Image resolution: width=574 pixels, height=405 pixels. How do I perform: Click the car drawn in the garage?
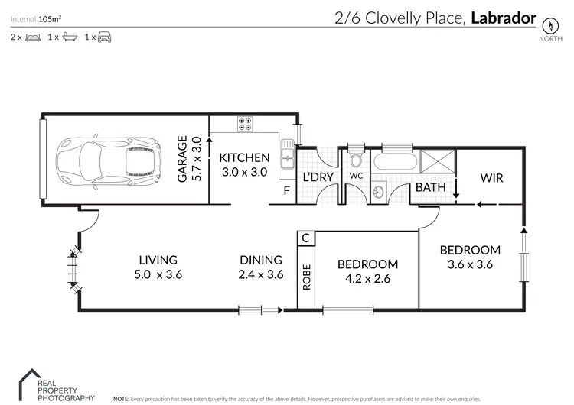point(107,161)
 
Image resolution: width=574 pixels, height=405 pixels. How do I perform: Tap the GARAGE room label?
point(183,159)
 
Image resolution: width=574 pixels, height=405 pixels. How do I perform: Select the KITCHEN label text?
point(244,158)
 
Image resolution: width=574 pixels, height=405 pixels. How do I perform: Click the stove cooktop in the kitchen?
point(247,122)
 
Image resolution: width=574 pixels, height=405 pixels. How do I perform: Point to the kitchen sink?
point(289,157)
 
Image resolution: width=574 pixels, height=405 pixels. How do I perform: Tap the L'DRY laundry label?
point(318,177)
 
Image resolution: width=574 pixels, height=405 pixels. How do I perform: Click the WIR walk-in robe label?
point(491,177)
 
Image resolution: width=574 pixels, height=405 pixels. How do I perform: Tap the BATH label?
point(430,187)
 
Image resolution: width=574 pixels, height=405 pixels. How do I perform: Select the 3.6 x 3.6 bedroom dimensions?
point(469,265)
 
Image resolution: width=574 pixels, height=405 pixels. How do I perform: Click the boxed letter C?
point(306,238)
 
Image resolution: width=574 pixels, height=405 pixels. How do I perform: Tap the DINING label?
point(261,260)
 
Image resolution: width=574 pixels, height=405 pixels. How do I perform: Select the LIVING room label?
point(158,260)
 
